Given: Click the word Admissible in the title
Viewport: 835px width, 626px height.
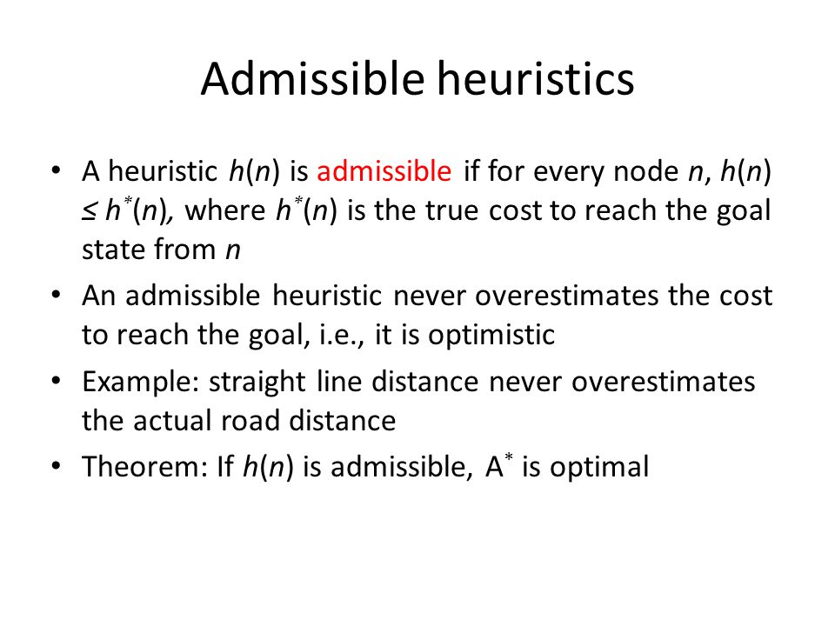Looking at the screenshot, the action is (x=312, y=79).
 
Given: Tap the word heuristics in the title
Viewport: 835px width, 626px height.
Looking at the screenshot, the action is (x=536, y=79).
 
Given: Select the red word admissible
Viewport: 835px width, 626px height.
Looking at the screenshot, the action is (x=384, y=171).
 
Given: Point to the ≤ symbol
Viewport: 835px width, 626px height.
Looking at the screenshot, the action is (x=89, y=211).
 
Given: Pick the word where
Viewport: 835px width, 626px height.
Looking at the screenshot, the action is (x=224, y=210).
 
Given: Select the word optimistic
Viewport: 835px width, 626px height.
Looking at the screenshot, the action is (x=491, y=336).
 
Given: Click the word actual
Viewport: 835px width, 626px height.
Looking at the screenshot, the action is (x=172, y=421).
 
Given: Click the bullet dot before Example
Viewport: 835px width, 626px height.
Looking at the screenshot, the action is (x=56, y=381).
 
